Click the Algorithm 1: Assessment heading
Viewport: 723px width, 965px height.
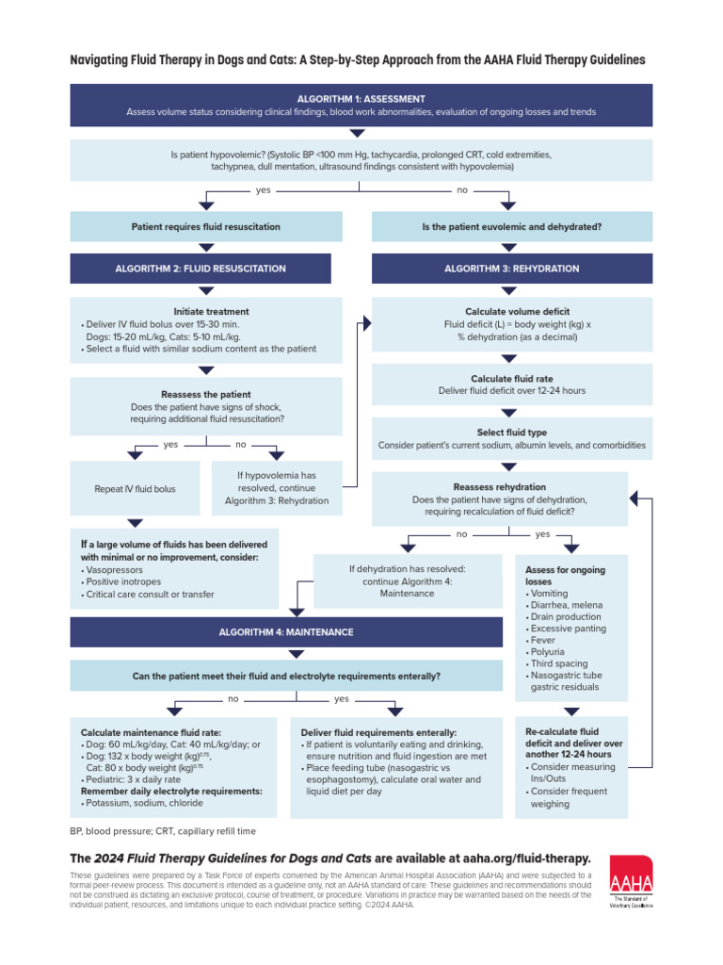(x=361, y=99)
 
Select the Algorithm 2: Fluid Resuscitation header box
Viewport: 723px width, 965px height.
(x=201, y=269)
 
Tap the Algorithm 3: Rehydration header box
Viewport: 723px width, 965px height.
(x=511, y=269)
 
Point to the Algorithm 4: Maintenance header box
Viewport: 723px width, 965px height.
(x=286, y=631)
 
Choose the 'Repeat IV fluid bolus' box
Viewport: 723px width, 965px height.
(x=135, y=489)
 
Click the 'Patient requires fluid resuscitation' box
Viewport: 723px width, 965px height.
(x=205, y=227)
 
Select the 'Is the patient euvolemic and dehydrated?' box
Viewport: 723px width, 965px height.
(x=511, y=227)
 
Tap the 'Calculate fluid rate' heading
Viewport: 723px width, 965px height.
(x=512, y=378)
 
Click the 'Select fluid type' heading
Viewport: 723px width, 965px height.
(x=511, y=432)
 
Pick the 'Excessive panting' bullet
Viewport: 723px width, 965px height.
(x=568, y=629)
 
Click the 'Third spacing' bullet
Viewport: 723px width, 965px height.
(x=561, y=663)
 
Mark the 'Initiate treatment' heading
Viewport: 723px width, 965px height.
(x=211, y=311)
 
